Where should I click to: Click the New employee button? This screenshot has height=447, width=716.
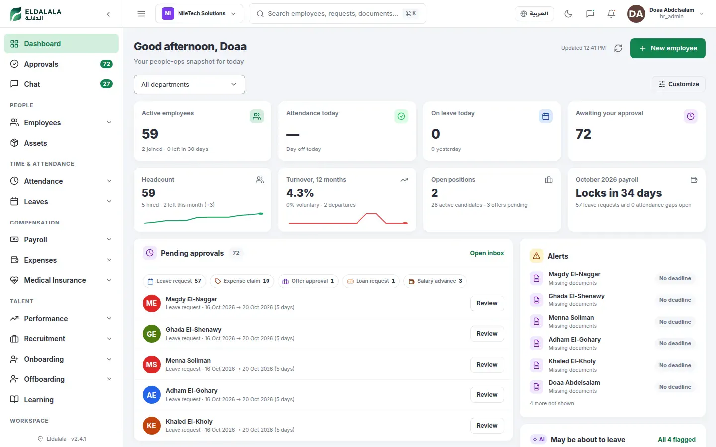(667, 48)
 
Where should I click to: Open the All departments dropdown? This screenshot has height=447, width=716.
(189, 84)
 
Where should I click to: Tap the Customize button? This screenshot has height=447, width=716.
(678, 84)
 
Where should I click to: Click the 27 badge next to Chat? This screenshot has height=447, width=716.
(106, 84)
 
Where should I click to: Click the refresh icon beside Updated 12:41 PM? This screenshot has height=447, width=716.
(618, 48)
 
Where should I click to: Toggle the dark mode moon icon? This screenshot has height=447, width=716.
(568, 14)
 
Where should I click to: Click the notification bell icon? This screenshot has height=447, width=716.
(611, 14)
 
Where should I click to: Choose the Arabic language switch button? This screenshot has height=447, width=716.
(534, 14)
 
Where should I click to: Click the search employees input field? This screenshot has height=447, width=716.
(337, 14)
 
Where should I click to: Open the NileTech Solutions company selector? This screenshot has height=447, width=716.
(199, 14)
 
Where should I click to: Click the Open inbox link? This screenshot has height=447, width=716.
(487, 253)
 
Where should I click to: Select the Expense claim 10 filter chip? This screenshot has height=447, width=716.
(242, 281)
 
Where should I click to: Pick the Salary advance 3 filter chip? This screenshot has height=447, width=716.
(435, 281)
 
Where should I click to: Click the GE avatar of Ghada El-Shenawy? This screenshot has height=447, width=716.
(152, 334)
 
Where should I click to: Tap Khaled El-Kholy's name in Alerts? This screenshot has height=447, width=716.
(572, 361)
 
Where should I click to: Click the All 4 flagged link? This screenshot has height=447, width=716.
(676, 440)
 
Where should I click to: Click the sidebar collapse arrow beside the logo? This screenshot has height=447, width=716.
(109, 14)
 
